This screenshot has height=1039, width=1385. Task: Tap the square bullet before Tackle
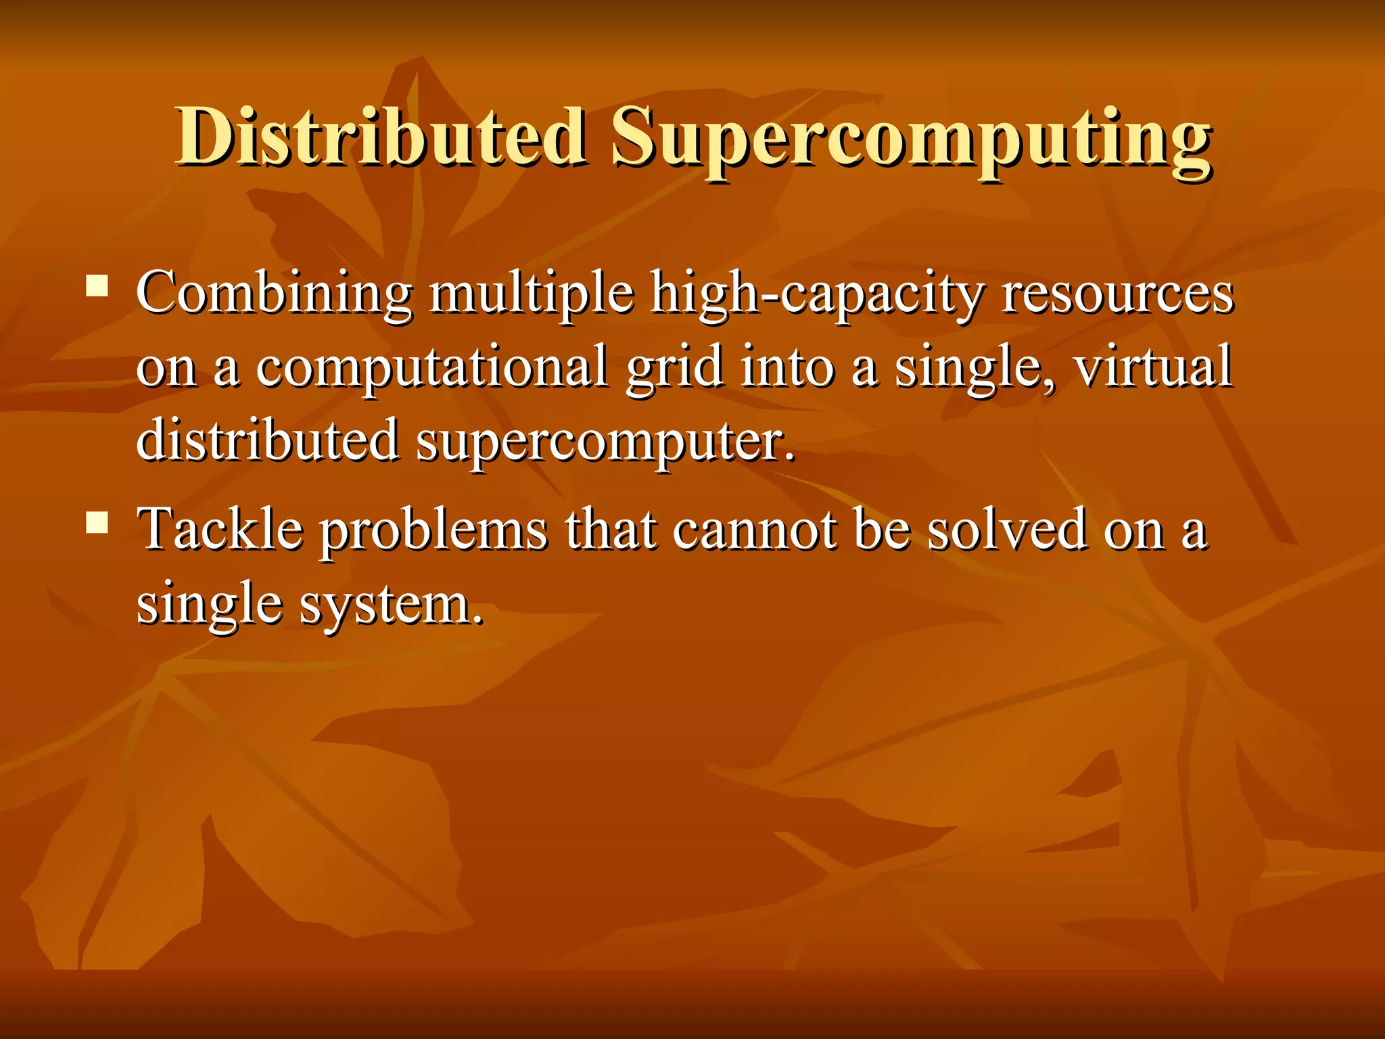click(x=97, y=523)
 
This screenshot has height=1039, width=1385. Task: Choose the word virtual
click(x=1153, y=367)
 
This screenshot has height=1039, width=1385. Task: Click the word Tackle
click(x=220, y=529)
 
